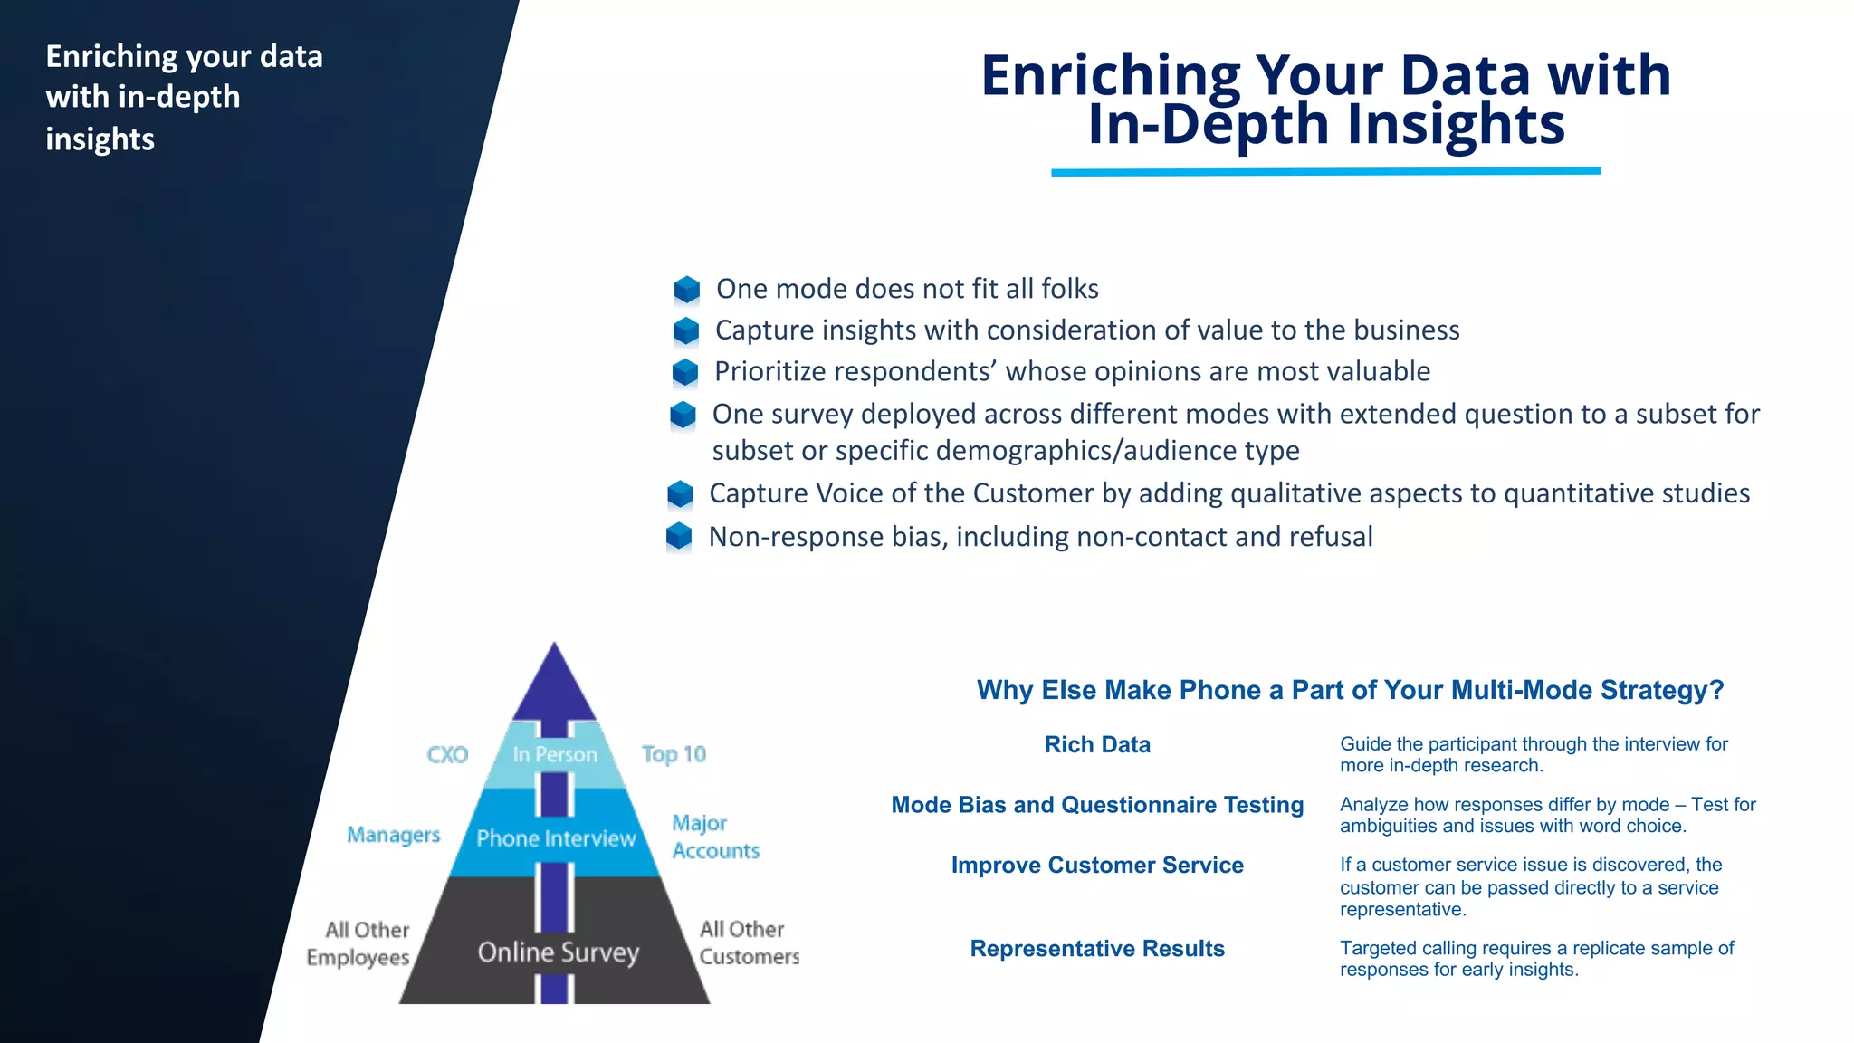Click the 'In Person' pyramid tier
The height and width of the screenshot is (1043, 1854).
tap(554, 755)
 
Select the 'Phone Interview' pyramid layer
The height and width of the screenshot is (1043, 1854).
tap(556, 838)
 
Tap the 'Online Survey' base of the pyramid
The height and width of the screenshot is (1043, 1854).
tap(558, 952)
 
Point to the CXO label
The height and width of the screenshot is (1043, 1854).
tap(447, 755)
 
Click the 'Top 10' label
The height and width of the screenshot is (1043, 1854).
tap(674, 754)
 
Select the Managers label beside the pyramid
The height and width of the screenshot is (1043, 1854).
tap(393, 835)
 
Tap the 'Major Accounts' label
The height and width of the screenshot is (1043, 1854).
tap(714, 837)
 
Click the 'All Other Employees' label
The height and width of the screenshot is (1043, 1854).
tap(358, 943)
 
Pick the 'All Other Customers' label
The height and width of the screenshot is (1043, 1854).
tap(749, 943)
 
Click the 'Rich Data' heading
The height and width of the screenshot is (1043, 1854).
tap(1097, 745)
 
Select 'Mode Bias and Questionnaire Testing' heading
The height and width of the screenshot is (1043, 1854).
tap(1097, 805)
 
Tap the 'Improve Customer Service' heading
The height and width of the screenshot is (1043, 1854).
tap(1097, 866)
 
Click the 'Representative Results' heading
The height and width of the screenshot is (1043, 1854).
tap(1097, 949)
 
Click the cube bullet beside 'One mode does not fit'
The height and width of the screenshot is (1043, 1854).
tap(687, 290)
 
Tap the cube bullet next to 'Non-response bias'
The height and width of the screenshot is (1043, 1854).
tap(679, 537)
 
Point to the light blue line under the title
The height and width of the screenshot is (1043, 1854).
tap(1325, 171)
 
